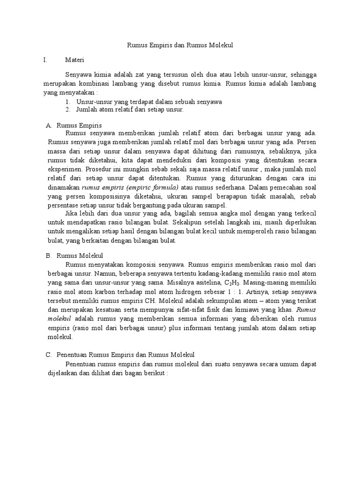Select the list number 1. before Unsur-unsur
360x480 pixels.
coord(68,102)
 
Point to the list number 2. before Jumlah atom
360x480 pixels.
coord(68,110)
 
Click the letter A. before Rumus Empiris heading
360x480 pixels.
coord(48,126)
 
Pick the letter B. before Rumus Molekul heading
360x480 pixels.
coord(48,255)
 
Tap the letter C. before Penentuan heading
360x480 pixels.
coord(48,355)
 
